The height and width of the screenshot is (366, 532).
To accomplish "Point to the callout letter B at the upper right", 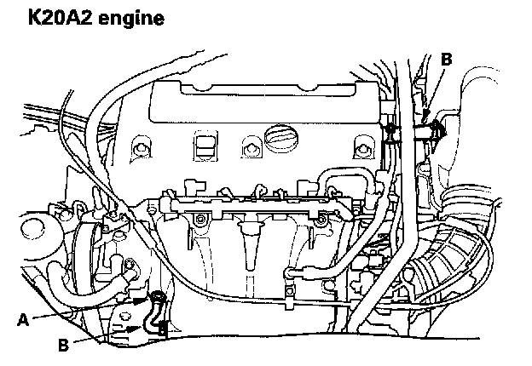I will click(x=446, y=58).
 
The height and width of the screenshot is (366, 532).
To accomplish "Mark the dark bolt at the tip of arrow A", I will click(x=157, y=298).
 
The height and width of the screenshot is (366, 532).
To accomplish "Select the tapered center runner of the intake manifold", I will click(x=251, y=247).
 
